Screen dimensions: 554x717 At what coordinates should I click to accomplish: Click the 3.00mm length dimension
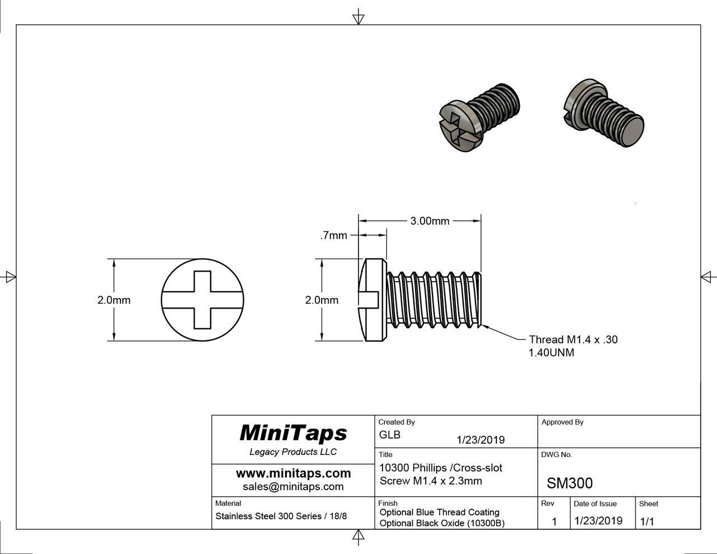point(430,221)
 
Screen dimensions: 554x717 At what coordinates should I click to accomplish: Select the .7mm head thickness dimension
point(333,236)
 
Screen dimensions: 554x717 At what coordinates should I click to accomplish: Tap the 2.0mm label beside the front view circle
point(114,300)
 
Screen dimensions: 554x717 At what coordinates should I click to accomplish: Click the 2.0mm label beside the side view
point(322,300)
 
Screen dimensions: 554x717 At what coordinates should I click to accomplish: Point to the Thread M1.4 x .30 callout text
point(573,339)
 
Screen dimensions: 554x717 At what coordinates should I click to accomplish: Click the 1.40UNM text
point(551,353)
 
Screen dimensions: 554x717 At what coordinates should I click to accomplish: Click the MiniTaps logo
point(293,433)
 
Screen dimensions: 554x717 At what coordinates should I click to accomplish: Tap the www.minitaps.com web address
point(293,473)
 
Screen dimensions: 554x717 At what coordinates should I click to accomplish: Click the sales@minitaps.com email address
point(293,486)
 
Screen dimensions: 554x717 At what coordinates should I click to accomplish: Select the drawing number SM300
point(569,483)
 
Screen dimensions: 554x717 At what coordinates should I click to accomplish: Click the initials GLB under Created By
point(389,435)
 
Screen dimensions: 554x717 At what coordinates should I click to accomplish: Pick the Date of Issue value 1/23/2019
point(598,520)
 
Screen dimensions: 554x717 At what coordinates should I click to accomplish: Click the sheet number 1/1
point(646,521)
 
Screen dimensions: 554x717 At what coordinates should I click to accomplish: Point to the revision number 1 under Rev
point(554,521)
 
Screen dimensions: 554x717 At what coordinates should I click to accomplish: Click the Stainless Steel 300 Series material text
point(281,516)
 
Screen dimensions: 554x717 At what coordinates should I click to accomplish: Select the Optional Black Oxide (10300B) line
point(441,523)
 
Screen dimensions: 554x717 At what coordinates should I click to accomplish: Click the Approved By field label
point(562,422)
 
